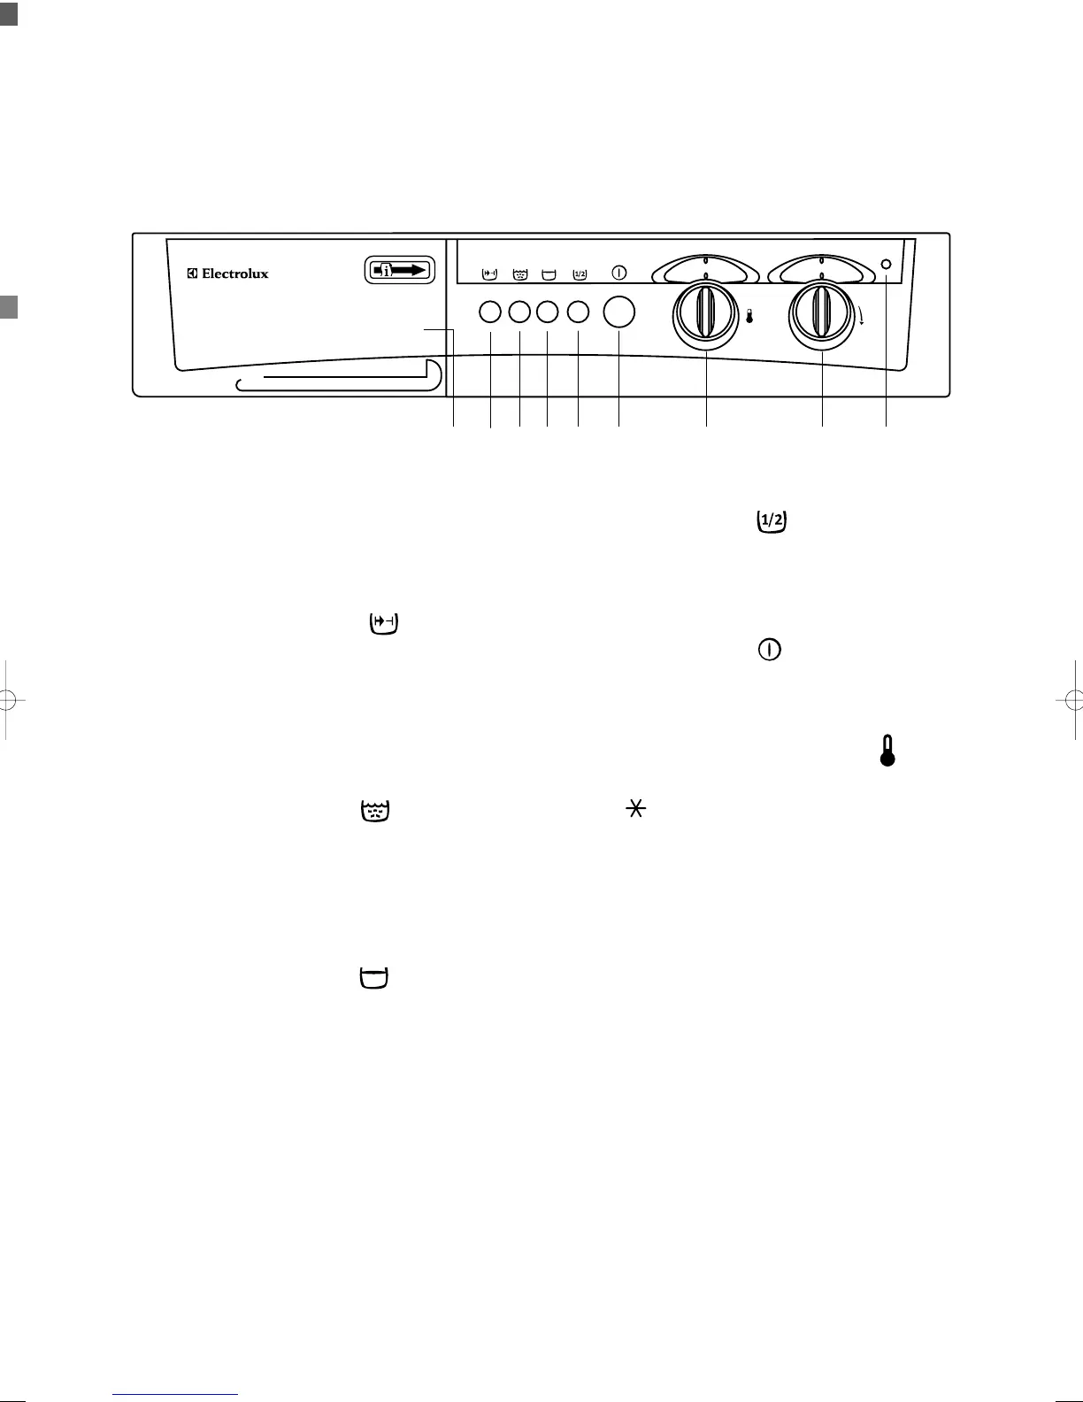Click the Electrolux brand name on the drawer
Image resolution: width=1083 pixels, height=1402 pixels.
[x=228, y=273]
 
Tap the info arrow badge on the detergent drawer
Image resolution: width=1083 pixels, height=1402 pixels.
[x=400, y=270]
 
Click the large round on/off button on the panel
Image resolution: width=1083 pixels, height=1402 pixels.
[x=618, y=312]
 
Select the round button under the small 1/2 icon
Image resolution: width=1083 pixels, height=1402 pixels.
[x=578, y=312]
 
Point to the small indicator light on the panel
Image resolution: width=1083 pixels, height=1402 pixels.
[x=887, y=263]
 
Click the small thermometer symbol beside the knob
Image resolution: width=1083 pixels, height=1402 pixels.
[x=749, y=316]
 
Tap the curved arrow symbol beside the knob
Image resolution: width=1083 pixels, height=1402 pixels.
[x=862, y=314]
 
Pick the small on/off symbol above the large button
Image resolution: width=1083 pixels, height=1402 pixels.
[x=619, y=273]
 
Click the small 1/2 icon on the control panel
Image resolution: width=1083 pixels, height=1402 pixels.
[x=580, y=273]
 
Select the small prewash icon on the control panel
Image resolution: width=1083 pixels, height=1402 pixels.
[x=489, y=273]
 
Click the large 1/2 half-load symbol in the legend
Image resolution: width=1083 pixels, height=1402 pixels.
[x=772, y=522]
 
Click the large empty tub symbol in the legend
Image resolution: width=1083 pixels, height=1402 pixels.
[x=374, y=978]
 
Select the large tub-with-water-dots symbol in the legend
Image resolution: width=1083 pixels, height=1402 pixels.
[x=375, y=811]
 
